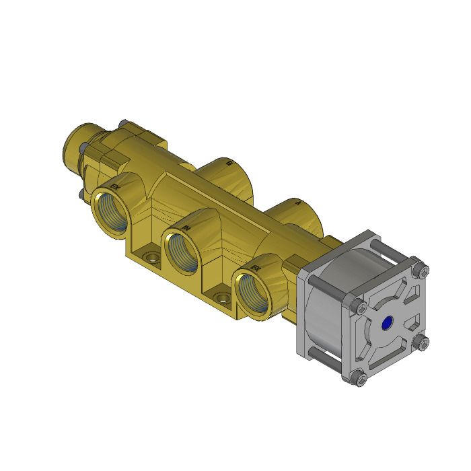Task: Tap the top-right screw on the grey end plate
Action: [422, 271]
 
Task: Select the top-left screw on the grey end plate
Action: [361, 307]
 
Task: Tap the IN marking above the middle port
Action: [186, 229]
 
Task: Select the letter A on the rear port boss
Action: [297, 201]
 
